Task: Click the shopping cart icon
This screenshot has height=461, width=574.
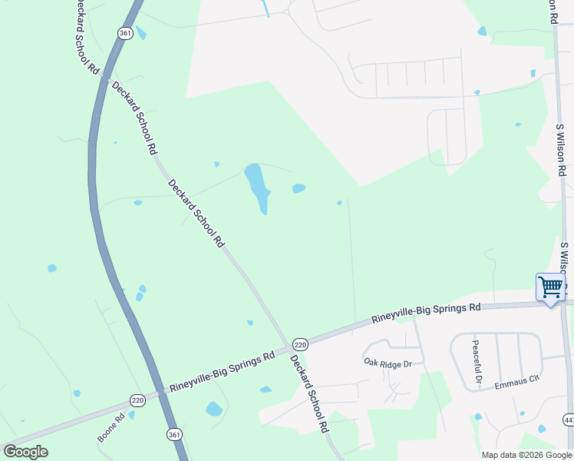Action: (550, 287)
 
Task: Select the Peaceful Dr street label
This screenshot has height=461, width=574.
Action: (476, 362)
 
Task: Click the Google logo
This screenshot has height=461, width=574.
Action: (25, 452)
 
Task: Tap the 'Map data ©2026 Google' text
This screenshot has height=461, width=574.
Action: (526, 455)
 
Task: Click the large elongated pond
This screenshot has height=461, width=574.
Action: (257, 188)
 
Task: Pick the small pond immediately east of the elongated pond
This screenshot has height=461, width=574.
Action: (299, 188)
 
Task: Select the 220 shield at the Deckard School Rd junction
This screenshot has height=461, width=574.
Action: (300, 345)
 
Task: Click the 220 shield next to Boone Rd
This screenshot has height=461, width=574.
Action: (137, 400)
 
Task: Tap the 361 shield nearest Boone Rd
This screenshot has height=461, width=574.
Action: (174, 435)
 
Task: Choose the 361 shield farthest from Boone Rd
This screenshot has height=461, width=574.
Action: (125, 32)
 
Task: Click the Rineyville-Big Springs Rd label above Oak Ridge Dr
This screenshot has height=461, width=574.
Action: (426, 312)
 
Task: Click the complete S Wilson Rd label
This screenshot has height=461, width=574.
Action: (561, 150)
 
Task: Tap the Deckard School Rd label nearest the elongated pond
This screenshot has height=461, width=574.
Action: (196, 213)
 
